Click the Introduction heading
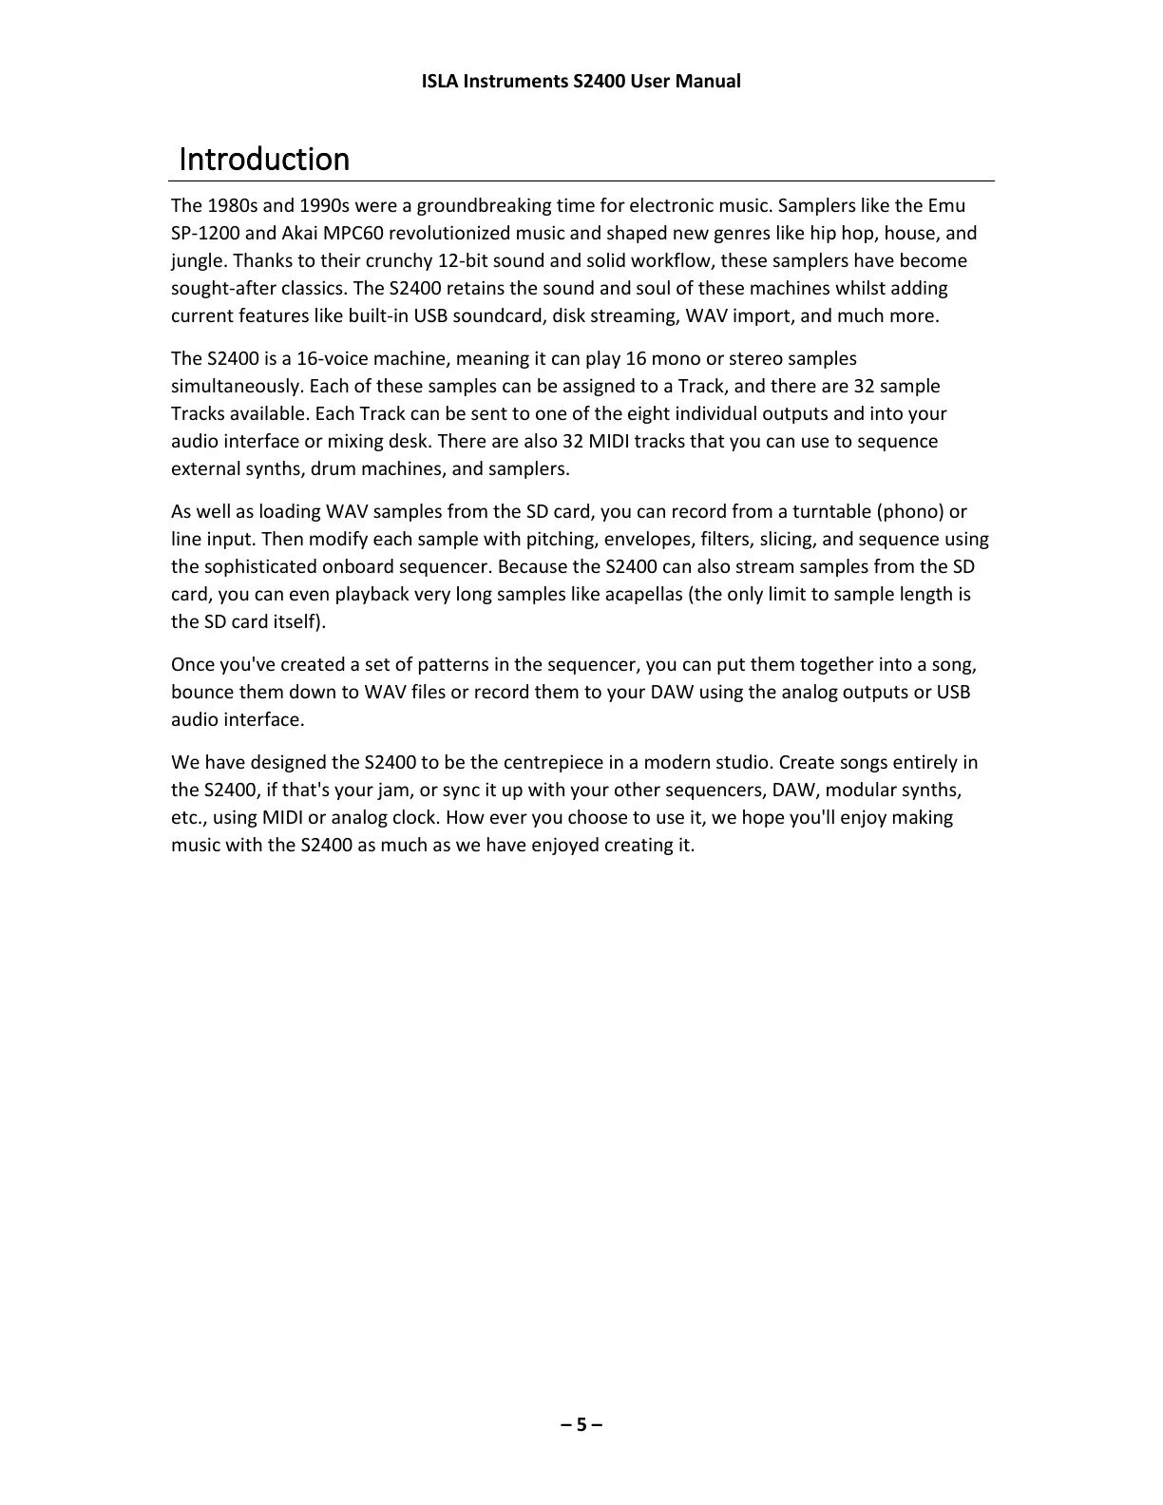[264, 159]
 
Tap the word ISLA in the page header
[439, 81]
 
